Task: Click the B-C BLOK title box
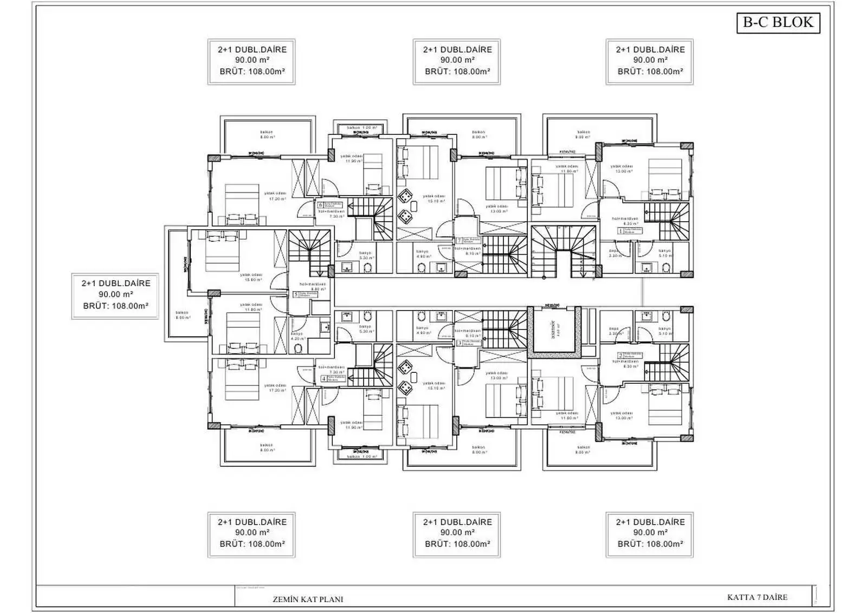pyautogui.click(x=778, y=22)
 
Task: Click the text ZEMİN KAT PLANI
pyautogui.click(x=308, y=599)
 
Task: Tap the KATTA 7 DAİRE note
pyautogui.click(x=757, y=597)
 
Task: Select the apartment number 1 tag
pyautogui.click(x=621, y=230)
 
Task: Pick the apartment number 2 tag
pyautogui.click(x=620, y=356)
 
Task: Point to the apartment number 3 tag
pyautogui.click(x=460, y=343)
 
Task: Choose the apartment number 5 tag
pyautogui.click(x=296, y=294)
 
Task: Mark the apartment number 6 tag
pyautogui.click(x=321, y=205)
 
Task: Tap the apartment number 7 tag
pyautogui.click(x=460, y=241)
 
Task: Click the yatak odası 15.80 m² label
pyautogui.click(x=251, y=278)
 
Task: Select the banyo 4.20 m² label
pyautogui.click(x=297, y=337)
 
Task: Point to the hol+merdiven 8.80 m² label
pyautogui.click(x=313, y=286)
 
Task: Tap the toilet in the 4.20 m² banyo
pyautogui.click(x=297, y=348)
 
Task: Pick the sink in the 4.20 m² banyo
pyautogui.click(x=325, y=327)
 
